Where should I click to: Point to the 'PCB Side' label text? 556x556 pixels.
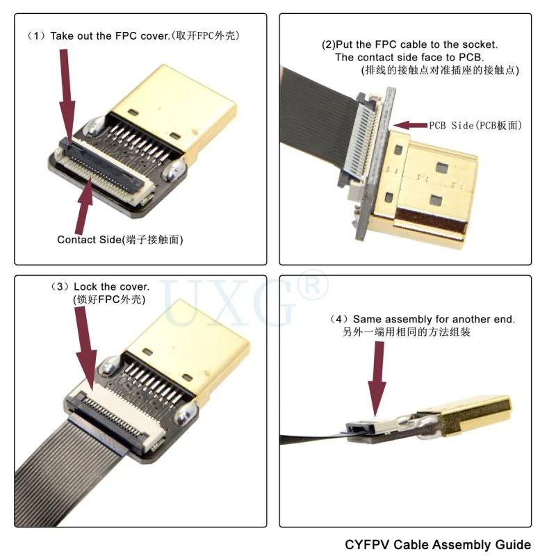(x=451, y=125)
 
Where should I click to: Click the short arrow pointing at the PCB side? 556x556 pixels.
(x=410, y=125)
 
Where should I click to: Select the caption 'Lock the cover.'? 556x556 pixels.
(x=111, y=286)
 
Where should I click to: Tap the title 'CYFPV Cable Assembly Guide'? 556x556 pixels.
(x=438, y=544)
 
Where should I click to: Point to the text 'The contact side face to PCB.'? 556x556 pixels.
(x=409, y=57)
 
